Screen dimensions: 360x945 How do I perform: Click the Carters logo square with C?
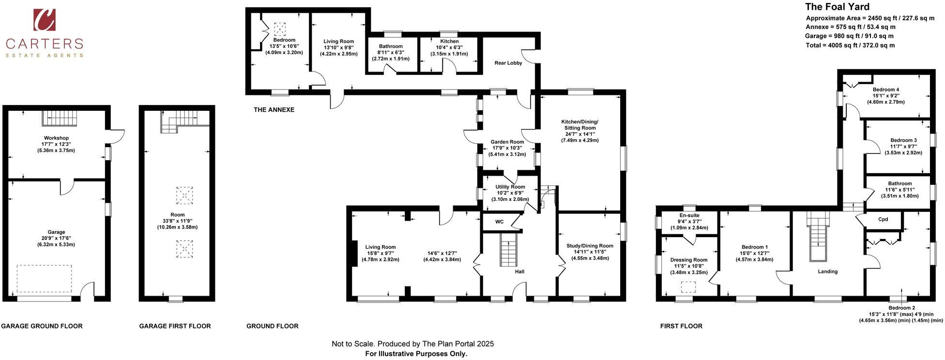click(x=44, y=20)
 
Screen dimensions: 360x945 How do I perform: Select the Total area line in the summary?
click(x=850, y=45)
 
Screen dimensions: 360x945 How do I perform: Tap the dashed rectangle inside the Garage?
click(x=44, y=278)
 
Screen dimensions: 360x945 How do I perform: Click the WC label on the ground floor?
click(x=499, y=222)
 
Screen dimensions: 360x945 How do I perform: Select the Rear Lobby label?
click(x=508, y=63)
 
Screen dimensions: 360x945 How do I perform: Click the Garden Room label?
click(x=507, y=142)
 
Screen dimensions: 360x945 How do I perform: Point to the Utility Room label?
click(x=510, y=187)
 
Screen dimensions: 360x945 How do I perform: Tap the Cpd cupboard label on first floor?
click(x=883, y=219)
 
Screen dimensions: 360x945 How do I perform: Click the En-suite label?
click(x=689, y=215)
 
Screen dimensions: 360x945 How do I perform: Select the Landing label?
click(x=827, y=271)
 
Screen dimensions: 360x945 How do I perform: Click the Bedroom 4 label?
click(x=885, y=90)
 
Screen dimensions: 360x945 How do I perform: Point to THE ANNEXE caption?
click(x=274, y=110)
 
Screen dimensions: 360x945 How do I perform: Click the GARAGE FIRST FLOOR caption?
click(x=175, y=326)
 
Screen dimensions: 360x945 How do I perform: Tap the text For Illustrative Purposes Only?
click(x=416, y=354)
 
